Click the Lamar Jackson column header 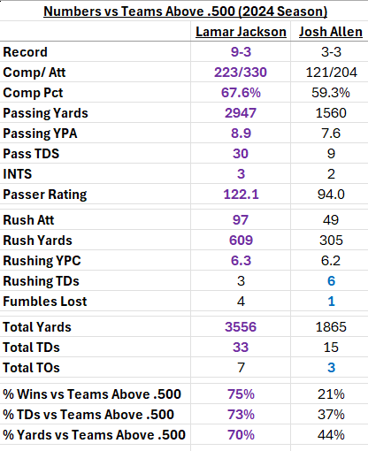point(241,32)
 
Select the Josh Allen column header point(328,32)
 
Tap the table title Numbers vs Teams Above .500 point(184,11)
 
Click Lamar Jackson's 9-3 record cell point(241,52)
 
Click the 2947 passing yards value point(241,112)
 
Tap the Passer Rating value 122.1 point(241,194)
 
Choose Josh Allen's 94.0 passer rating point(328,194)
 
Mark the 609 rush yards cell point(241,240)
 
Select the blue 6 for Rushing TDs point(328,280)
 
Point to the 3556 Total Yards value point(241,326)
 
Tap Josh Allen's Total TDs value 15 point(328,347)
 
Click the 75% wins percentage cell point(241,394)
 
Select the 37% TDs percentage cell point(328,414)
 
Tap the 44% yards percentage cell point(328,434)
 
